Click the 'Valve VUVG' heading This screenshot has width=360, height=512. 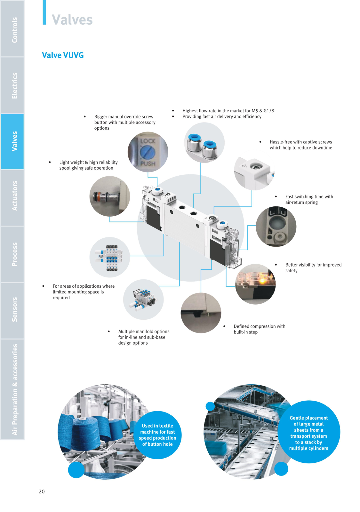tap(63, 55)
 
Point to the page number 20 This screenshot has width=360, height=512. tap(42, 491)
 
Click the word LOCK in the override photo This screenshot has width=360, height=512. tap(148, 141)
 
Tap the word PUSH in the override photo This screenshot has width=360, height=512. tap(148, 164)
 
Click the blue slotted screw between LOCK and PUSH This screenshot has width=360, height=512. tap(148, 152)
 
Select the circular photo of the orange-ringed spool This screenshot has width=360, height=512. tap(110, 196)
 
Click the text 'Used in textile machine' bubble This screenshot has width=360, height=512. tap(157, 435)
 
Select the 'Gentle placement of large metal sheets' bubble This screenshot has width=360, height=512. tap(308, 433)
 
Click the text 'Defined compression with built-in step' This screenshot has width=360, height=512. tap(260, 329)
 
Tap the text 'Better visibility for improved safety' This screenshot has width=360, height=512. tap(313, 268)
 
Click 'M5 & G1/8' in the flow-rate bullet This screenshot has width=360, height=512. tap(263, 111)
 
